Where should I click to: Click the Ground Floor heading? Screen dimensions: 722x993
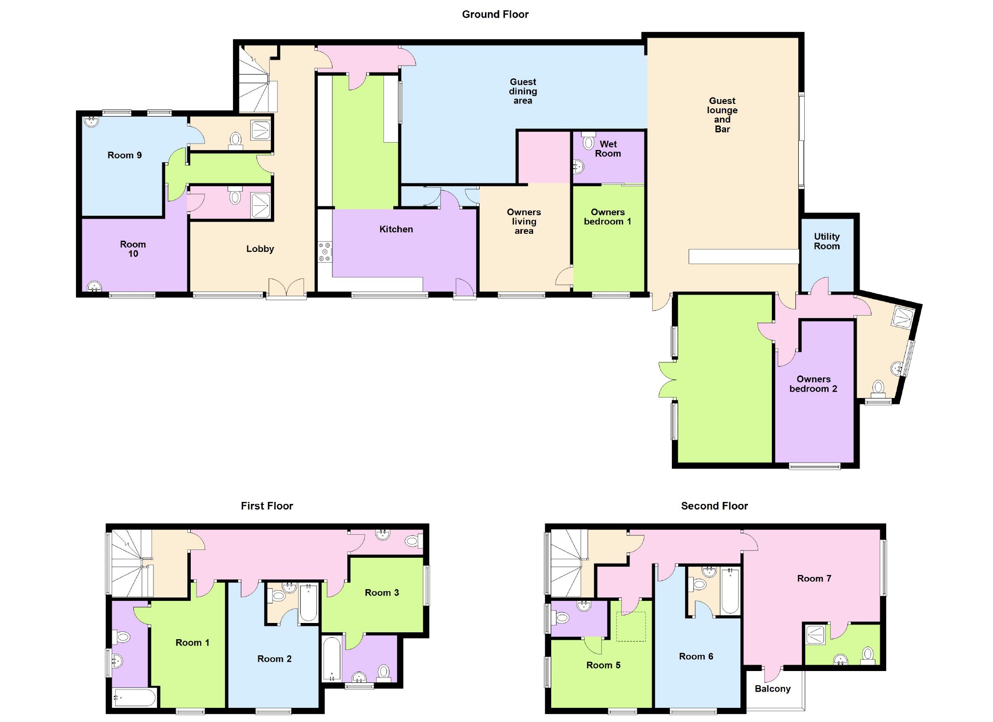coord(495,14)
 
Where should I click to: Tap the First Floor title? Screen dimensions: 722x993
coord(267,506)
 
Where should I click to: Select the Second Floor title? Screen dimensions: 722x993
coord(714,506)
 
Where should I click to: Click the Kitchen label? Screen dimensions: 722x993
coord(396,229)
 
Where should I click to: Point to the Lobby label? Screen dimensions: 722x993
coord(260,249)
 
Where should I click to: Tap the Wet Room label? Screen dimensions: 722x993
coord(608,149)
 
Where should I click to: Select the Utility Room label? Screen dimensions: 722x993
coord(827,241)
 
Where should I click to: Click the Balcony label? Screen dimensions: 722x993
coord(772,689)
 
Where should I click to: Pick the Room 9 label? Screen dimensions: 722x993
coord(125,155)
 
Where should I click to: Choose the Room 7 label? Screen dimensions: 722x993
coord(814,578)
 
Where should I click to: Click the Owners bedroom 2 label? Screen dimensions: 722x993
coord(813,384)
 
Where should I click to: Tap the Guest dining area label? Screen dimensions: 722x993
coord(523,91)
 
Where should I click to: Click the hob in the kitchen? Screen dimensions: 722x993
coord(325,251)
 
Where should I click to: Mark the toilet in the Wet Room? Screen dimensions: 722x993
coord(588,142)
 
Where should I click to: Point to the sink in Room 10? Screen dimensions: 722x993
coord(94,287)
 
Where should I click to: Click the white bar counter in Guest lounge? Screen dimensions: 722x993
coord(743,256)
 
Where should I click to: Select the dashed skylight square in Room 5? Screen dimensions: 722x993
coord(631,626)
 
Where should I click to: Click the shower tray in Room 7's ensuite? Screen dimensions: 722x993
coord(815,634)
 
